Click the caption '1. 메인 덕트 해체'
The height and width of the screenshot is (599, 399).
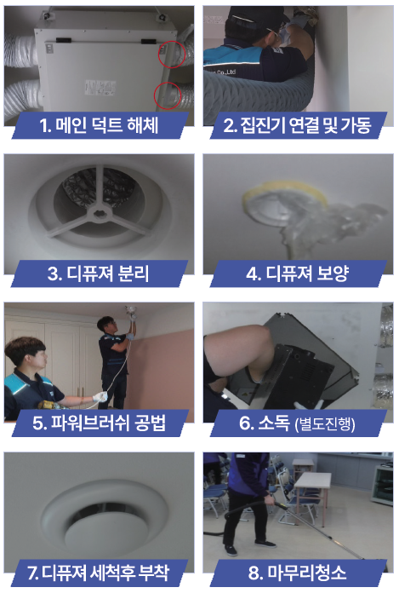coord(100,125)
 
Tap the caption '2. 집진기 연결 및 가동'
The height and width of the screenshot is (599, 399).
coord(297,125)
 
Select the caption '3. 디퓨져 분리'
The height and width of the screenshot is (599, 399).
coord(99,274)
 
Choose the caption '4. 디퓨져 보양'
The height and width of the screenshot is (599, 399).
coord(298,274)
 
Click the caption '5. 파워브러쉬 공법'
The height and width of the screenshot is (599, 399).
coord(100,423)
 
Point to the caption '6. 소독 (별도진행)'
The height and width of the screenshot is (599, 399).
coord(298,423)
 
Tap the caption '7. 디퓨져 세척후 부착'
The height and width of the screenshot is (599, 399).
coord(99,573)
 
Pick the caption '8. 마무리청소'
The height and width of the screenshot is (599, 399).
coord(298,573)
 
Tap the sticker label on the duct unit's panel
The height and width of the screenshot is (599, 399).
coord(100,88)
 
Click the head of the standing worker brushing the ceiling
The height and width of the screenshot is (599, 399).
coord(107,325)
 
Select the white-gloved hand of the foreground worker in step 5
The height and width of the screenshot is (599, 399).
coord(100,397)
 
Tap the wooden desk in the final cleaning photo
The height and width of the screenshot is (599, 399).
coord(313,481)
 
